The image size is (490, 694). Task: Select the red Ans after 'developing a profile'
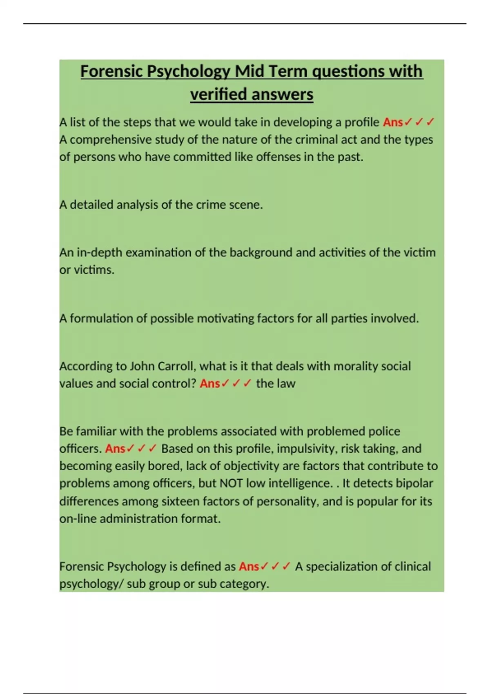pyautogui.click(x=392, y=122)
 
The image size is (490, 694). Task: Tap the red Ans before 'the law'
pyautogui.click(x=209, y=383)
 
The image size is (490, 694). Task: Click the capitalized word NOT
pyautogui.click(x=232, y=483)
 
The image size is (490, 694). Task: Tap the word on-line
pyautogui.click(x=78, y=518)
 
